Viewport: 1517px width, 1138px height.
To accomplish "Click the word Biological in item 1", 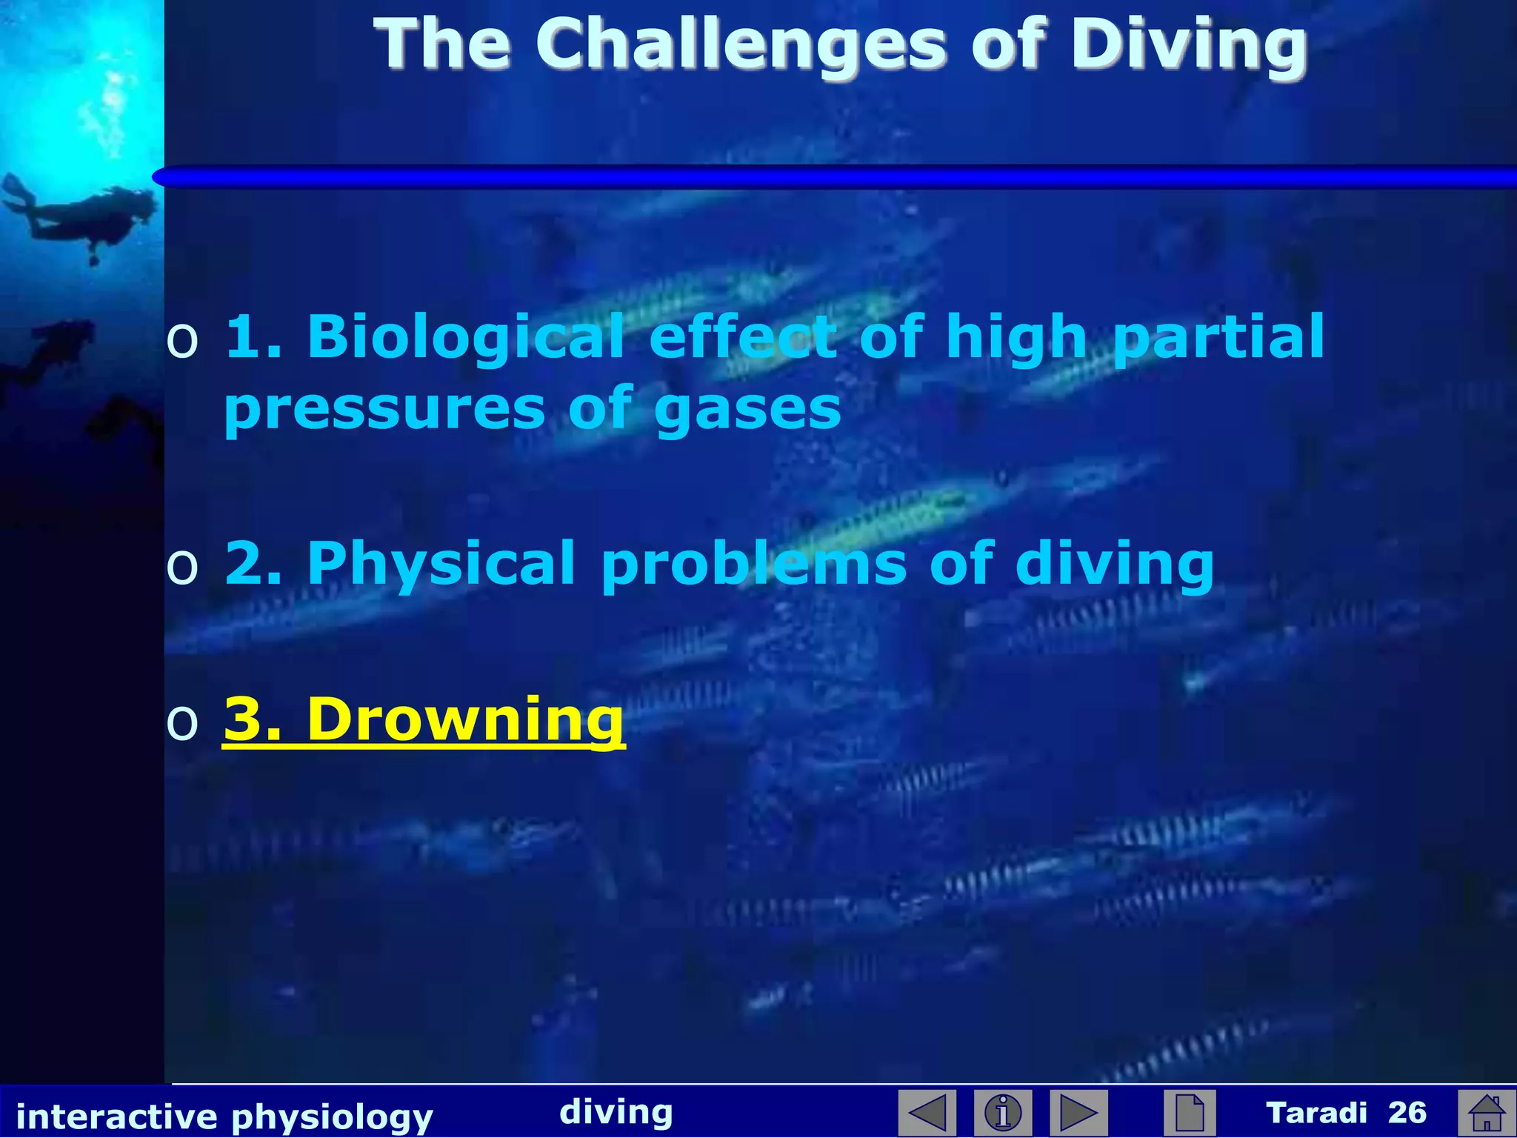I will point(465,336).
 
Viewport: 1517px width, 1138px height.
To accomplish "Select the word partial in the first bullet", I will point(1219,338).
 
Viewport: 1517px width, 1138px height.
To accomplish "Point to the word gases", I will point(747,409).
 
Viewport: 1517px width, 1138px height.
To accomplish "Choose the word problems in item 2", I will point(754,565).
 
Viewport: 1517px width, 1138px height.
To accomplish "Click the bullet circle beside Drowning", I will point(182,722).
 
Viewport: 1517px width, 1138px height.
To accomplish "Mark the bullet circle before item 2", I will point(182,568).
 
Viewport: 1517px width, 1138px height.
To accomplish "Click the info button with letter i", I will point(1003,1112).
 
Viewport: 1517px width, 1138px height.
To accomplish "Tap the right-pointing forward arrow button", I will point(1078,1112).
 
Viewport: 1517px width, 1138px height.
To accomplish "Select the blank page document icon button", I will point(1190,1112).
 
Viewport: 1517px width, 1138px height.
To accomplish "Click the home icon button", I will point(1487,1112).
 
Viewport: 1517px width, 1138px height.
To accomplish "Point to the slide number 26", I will point(1407,1112).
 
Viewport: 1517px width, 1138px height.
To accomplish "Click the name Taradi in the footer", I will point(1316,1112).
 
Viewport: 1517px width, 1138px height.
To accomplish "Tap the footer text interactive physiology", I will point(224,1116).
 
